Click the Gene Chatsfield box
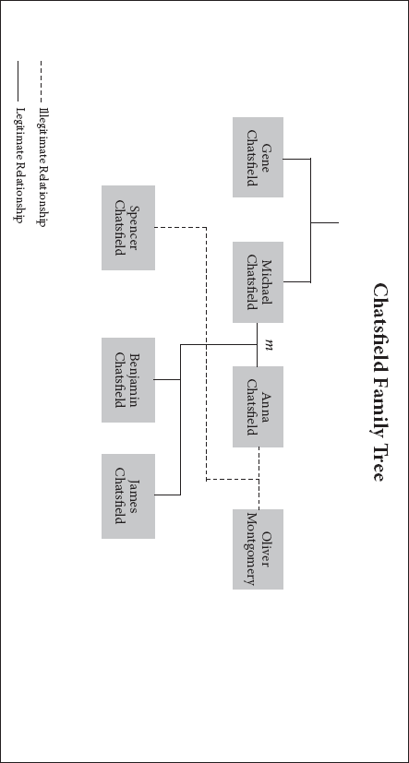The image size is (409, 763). click(258, 157)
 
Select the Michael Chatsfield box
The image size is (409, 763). click(258, 282)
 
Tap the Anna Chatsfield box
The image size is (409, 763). click(258, 407)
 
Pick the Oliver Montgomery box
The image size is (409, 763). click(258, 549)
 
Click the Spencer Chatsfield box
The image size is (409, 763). click(128, 228)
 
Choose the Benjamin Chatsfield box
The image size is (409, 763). click(128, 380)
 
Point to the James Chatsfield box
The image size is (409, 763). click(128, 496)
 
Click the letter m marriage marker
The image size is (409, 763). click(268, 345)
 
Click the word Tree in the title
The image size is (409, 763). click(379, 462)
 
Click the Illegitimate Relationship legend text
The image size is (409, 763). click(42, 167)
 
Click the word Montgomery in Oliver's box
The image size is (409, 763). click(251, 549)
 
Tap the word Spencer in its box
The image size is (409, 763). click(134, 228)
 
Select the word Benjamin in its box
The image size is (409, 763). click(134, 380)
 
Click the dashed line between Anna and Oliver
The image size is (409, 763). click(259, 478)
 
